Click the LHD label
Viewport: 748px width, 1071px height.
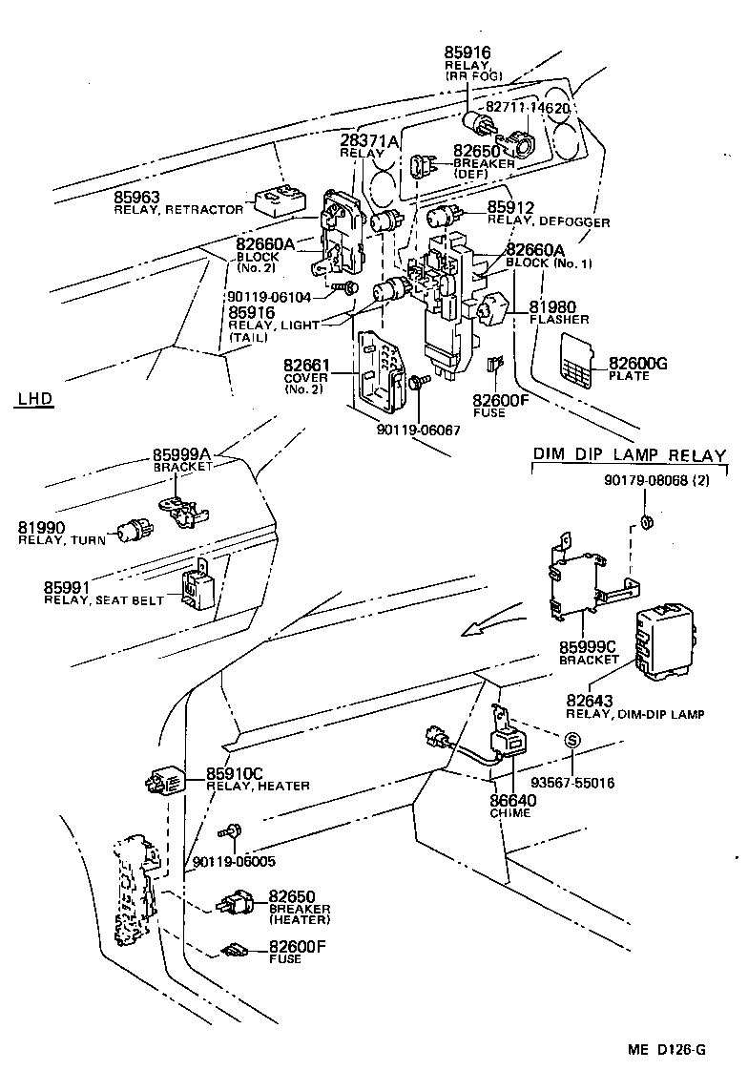tap(34, 398)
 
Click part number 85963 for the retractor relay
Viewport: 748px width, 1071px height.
tap(136, 198)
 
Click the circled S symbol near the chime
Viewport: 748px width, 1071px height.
tap(572, 740)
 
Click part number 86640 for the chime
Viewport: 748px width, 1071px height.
tap(512, 801)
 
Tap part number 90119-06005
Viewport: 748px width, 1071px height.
tap(234, 861)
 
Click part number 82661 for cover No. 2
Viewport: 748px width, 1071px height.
tap(306, 365)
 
